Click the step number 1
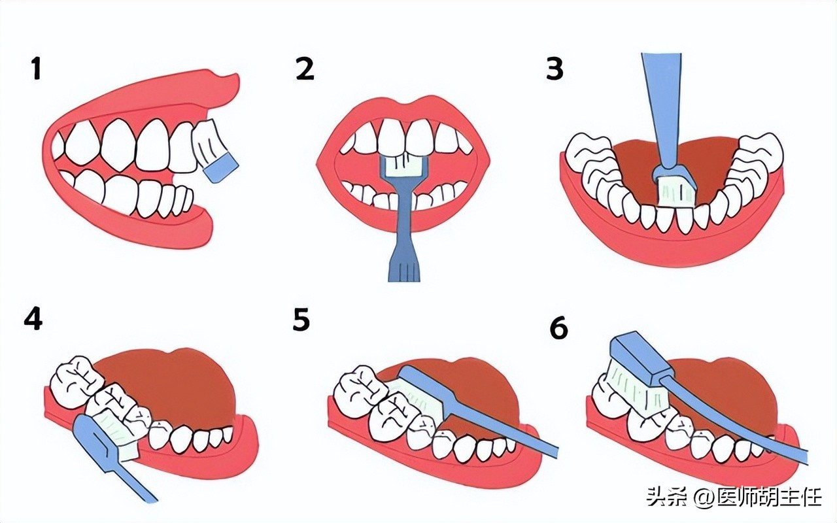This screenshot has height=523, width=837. (x=36, y=69)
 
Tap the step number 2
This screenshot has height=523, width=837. (x=305, y=69)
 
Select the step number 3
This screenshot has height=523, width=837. (x=555, y=69)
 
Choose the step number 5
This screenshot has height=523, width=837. (x=301, y=319)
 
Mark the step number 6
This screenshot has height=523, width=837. (x=559, y=328)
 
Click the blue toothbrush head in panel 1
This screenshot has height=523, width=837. (x=221, y=169)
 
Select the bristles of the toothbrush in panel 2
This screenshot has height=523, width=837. (x=404, y=166)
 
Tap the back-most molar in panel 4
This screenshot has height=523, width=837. (x=75, y=377)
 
